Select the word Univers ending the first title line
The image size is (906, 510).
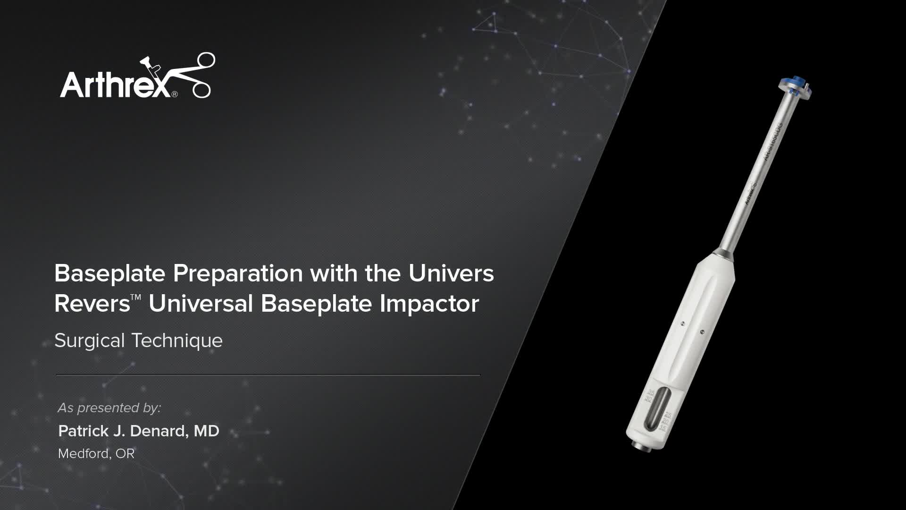point(451,273)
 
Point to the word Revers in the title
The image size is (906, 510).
point(92,304)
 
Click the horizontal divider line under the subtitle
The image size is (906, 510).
point(268,375)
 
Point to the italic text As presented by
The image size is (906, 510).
point(109,408)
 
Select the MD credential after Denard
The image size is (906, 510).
point(207,431)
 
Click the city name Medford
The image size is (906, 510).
point(84,454)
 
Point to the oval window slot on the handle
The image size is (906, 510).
point(657,409)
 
